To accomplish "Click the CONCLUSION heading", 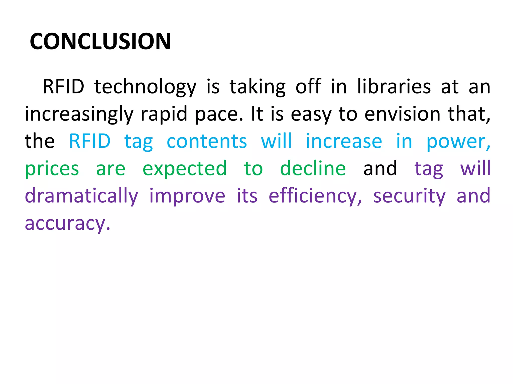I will [100, 41].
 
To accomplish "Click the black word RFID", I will [63, 86].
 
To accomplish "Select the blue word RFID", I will [90, 141].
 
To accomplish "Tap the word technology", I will [145, 87].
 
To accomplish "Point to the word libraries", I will [394, 86].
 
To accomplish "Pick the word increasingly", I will [79, 114].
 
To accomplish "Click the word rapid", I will [164, 114].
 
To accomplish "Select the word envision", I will [402, 114].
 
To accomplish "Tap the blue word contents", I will [207, 141].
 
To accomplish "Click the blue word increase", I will [344, 141].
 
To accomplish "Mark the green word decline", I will [313, 168].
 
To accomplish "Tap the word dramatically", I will [81, 196].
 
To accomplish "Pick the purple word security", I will [409, 196].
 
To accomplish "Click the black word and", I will [380, 168].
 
